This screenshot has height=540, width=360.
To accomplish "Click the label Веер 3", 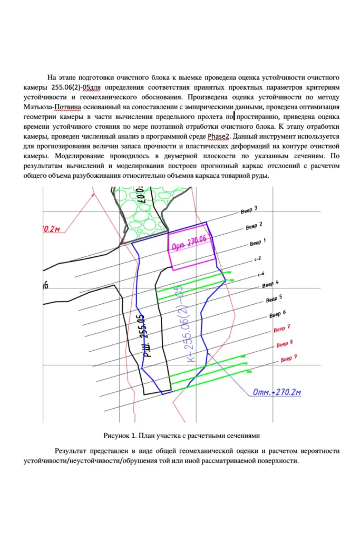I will pyautogui.click(x=249, y=210).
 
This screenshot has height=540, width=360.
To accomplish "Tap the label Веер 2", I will pyautogui.click(x=254, y=226).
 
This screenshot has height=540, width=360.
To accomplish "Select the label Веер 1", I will pyautogui.click(x=258, y=242).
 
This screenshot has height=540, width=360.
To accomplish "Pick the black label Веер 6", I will pyautogui.click(x=277, y=314).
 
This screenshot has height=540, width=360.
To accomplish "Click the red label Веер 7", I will pyautogui.click(x=282, y=329).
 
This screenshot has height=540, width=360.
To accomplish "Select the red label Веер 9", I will pyautogui.click(x=289, y=359).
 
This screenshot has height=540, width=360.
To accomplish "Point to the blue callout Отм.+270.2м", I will pyautogui.click(x=276, y=392).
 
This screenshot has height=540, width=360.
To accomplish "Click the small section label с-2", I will pyautogui.click(x=258, y=259).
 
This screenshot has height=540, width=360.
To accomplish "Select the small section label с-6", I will pyautogui.click(x=261, y=275).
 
